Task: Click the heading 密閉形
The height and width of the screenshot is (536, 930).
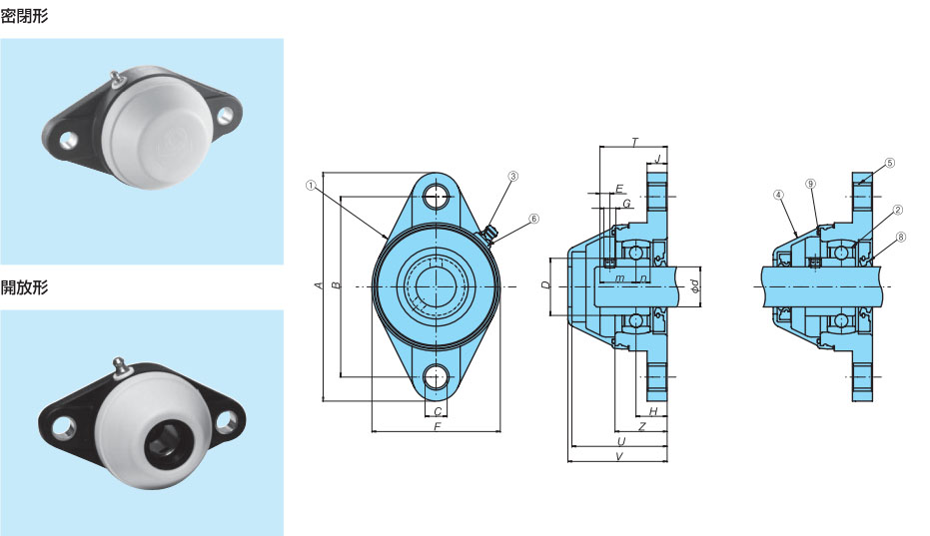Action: click(24, 16)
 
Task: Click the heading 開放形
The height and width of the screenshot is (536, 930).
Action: click(24, 287)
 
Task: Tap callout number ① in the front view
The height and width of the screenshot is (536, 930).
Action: click(311, 187)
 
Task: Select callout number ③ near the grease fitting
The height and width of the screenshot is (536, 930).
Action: click(513, 176)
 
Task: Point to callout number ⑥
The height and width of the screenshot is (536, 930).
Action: click(533, 219)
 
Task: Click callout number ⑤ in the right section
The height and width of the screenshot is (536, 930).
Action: click(890, 163)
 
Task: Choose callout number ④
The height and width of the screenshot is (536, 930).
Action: click(779, 195)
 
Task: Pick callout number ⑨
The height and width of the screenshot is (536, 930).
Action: click(811, 184)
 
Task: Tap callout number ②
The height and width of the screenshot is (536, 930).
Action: click(897, 210)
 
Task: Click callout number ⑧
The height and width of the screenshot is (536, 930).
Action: click(901, 238)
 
